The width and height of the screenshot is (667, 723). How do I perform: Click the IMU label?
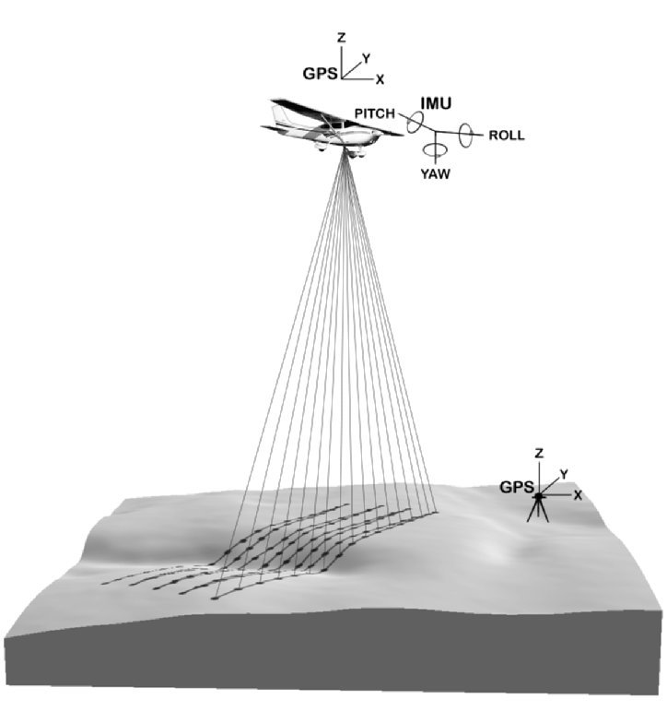coord(436,103)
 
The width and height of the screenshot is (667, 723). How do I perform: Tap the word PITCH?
coord(374,113)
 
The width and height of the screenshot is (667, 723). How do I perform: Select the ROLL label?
coord(507,135)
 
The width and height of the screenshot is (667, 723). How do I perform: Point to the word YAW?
coord(435,173)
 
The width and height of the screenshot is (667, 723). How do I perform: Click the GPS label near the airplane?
coord(321,74)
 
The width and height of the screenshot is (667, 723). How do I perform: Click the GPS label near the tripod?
coord(517,487)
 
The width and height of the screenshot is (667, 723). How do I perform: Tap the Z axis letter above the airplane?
coord(341,38)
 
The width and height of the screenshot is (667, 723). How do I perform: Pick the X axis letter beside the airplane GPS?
coord(380,79)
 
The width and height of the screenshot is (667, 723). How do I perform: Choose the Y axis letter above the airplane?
coord(367,59)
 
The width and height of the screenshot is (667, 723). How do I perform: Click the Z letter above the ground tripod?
coord(538,454)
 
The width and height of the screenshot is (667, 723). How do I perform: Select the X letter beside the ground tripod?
coord(578,495)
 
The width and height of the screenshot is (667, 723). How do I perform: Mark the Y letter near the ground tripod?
coord(564,474)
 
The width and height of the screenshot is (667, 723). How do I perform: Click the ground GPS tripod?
coord(538,508)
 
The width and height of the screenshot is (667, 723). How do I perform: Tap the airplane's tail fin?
coord(279,115)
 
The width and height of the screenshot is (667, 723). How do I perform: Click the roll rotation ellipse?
coord(466,136)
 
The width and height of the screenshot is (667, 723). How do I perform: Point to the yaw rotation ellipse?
coord(435,149)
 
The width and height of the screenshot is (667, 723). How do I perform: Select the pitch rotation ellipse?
coord(414,123)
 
